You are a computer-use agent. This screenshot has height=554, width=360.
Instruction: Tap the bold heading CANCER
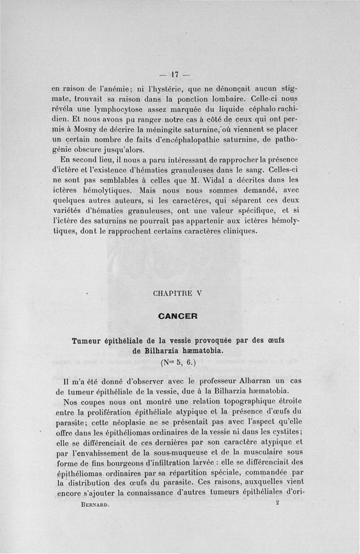click(178, 316)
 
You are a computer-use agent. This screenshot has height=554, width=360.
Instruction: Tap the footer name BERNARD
click(93, 505)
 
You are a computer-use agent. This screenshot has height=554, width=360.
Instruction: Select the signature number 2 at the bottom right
click(278, 504)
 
